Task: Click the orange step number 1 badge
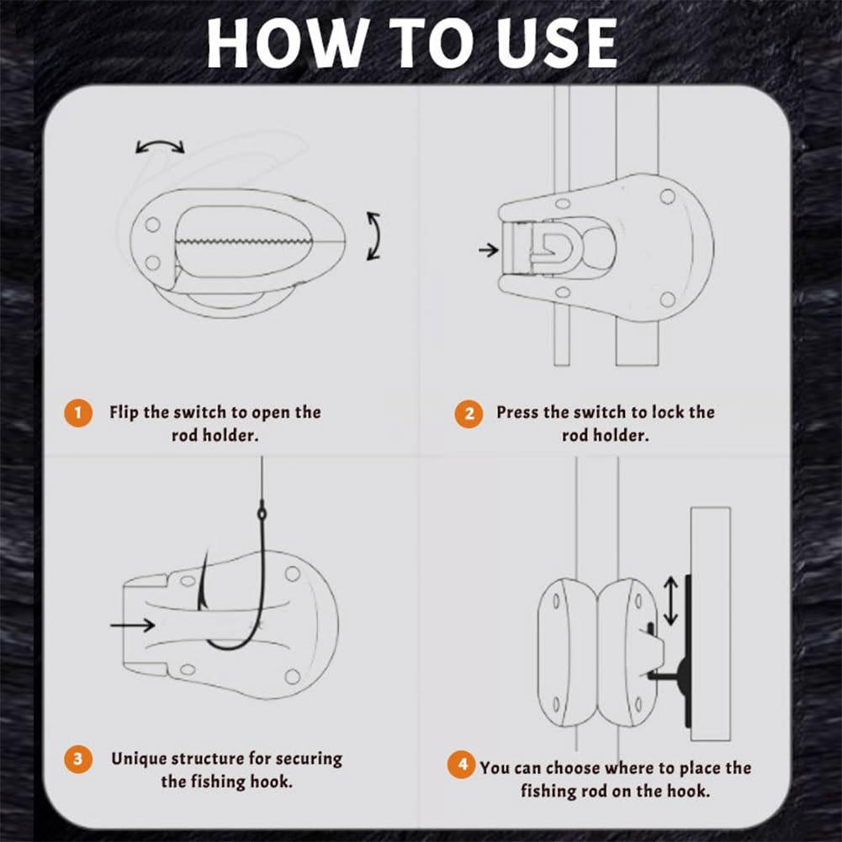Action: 78,413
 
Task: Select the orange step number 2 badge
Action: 469,413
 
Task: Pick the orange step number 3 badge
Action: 78,759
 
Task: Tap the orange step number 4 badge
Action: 461,767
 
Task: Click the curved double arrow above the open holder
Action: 160,147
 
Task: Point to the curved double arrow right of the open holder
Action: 373,236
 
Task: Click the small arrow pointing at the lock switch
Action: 487,250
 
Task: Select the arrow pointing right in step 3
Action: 132,624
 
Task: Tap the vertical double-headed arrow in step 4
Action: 670,601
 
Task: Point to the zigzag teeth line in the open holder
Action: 244,241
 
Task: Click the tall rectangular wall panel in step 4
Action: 709,623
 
